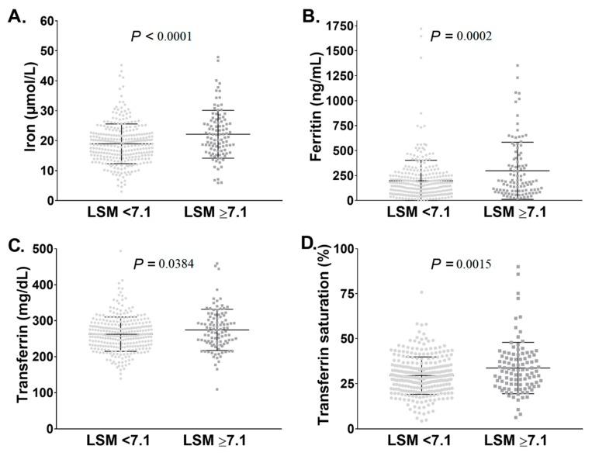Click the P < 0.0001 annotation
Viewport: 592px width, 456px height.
[x=161, y=36]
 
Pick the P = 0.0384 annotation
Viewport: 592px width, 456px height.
[x=163, y=264]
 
